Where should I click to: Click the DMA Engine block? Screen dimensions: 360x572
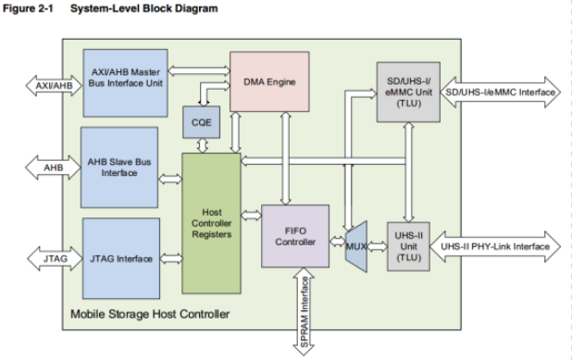269,82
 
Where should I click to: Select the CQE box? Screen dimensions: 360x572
200,122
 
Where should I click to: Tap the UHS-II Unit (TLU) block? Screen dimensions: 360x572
407,246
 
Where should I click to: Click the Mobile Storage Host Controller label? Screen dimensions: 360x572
151,315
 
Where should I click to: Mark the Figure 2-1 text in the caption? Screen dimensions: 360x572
25,9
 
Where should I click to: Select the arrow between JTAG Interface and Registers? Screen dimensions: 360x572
169,258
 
